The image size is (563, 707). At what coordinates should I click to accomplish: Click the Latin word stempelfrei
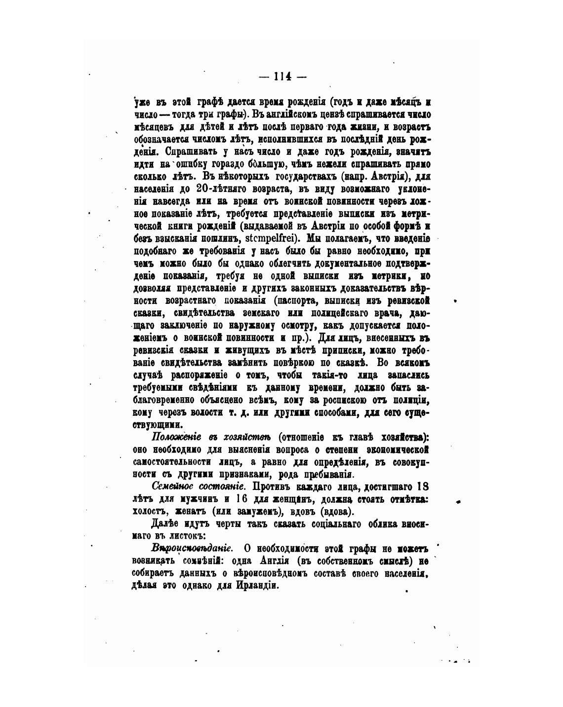[x=267, y=238]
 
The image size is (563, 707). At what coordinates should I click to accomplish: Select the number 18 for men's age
[x=422, y=486]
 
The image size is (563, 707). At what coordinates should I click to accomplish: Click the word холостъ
[x=150, y=511]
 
